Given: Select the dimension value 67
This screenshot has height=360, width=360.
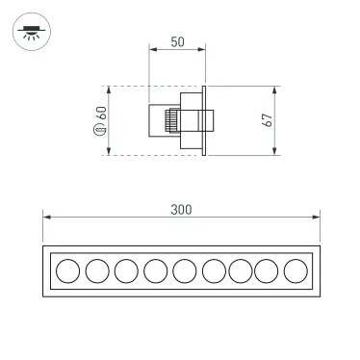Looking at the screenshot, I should point(269,120).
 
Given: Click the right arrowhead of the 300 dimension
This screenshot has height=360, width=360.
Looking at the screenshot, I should point(315,218).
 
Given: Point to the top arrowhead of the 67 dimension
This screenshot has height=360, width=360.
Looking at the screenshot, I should point(276,90).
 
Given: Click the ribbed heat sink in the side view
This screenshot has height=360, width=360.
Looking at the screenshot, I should point(172,121).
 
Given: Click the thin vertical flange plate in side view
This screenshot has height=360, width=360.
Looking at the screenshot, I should point(204,120).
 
